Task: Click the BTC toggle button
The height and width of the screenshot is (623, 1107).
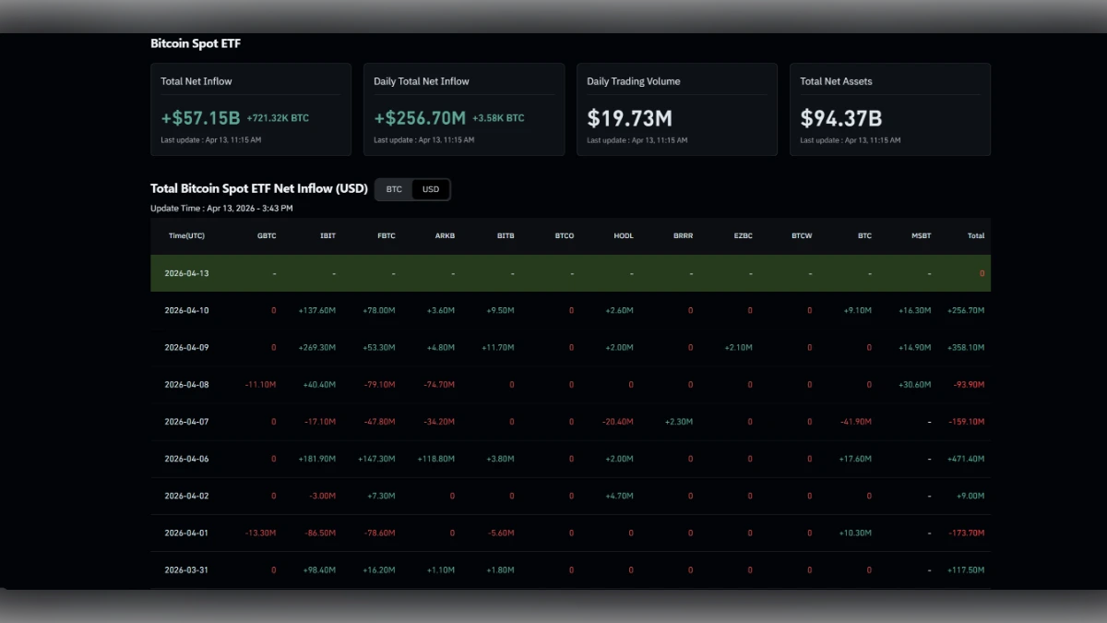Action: click(394, 189)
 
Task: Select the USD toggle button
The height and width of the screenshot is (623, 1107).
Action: click(431, 189)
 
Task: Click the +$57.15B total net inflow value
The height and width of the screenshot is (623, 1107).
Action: click(200, 118)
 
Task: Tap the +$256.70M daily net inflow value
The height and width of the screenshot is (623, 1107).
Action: click(420, 118)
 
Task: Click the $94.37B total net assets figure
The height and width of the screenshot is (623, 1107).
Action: click(840, 118)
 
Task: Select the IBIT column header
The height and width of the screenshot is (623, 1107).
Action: click(327, 236)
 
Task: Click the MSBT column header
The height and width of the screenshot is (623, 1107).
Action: click(921, 236)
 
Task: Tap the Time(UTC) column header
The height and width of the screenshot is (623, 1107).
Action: click(186, 236)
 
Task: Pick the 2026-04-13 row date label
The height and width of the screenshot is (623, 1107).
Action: click(186, 274)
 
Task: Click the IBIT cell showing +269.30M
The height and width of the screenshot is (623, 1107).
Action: click(316, 348)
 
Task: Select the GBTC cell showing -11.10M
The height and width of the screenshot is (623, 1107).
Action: click(260, 385)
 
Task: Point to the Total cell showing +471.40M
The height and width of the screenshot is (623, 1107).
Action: click(965, 459)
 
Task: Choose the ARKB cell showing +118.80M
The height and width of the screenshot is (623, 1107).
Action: click(435, 459)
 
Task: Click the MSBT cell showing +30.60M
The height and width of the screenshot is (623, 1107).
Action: click(914, 385)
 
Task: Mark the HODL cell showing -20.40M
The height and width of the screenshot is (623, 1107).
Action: click(617, 422)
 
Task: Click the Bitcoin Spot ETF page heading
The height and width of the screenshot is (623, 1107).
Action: click(196, 43)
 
